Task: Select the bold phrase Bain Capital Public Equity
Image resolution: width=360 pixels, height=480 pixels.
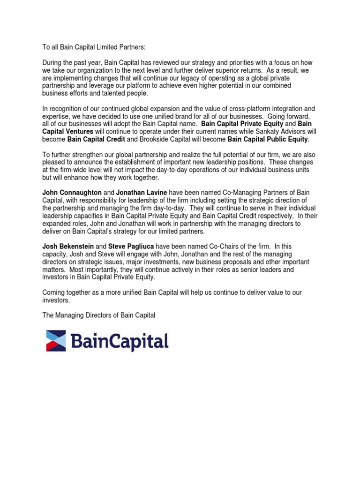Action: tap(268, 139)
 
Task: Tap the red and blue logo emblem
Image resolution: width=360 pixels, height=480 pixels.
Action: tap(56, 340)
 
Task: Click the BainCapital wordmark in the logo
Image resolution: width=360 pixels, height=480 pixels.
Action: tap(120, 341)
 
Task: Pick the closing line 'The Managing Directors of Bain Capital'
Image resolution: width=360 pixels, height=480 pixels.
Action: tap(98, 315)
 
